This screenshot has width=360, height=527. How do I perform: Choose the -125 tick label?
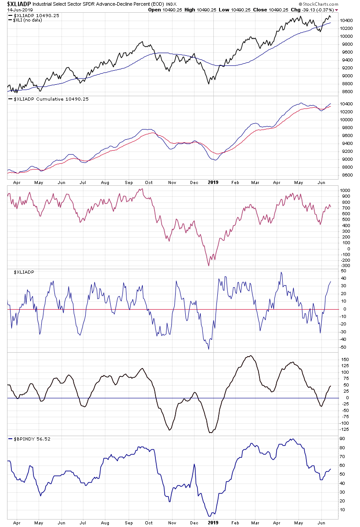pos(346,430)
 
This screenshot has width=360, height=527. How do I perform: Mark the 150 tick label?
pos(345,359)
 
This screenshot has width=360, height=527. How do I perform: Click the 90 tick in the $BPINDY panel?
pos(343,439)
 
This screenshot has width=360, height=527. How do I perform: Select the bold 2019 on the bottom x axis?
pos(213,523)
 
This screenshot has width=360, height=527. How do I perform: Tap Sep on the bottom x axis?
pos(129,523)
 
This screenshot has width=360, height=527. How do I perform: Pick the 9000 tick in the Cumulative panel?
pos(346,159)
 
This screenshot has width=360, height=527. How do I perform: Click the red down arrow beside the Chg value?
pos(337,9)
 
